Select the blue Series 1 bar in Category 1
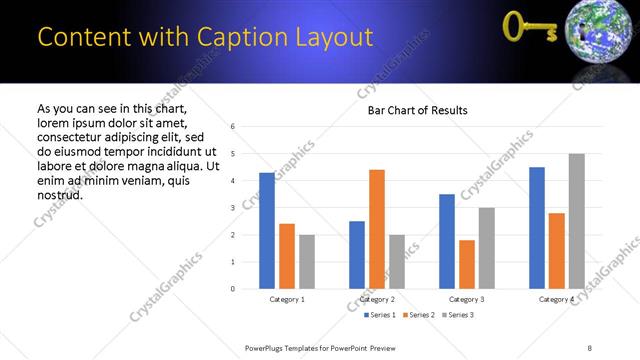point(266,231)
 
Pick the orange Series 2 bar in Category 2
point(376,229)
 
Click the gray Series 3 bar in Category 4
point(576,221)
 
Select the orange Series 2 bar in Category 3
point(466,264)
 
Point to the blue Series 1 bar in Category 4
point(536,228)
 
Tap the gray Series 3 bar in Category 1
point(306,262)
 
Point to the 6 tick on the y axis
point(232,127)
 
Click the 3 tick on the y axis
point(232,208)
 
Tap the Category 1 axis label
point(287,299)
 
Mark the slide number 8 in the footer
point(589,347)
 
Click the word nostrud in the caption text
point(59,194)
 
